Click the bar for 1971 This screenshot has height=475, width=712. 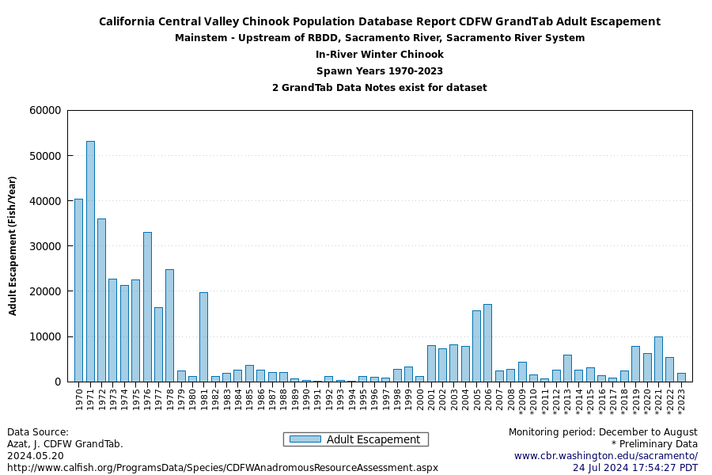(90, 261)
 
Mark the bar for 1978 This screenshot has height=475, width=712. (169, 325)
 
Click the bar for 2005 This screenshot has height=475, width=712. (476, 346)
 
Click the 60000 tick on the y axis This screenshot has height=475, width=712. (44, 111)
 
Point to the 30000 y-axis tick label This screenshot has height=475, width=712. (44, 246)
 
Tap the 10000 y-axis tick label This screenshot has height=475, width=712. (44, 336)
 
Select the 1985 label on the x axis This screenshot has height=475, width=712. (249, 398)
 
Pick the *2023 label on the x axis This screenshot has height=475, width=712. (681, 401)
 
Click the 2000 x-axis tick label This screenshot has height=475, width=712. (419, 398)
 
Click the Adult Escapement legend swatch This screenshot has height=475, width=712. (305, 439)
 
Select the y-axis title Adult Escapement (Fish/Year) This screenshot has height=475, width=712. (13, 245)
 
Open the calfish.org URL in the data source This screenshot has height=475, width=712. (222, 468)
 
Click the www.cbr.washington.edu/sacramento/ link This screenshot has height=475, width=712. (606, 456)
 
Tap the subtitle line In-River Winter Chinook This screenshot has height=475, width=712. (380, 55)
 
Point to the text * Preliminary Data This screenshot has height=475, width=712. (654, 444)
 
